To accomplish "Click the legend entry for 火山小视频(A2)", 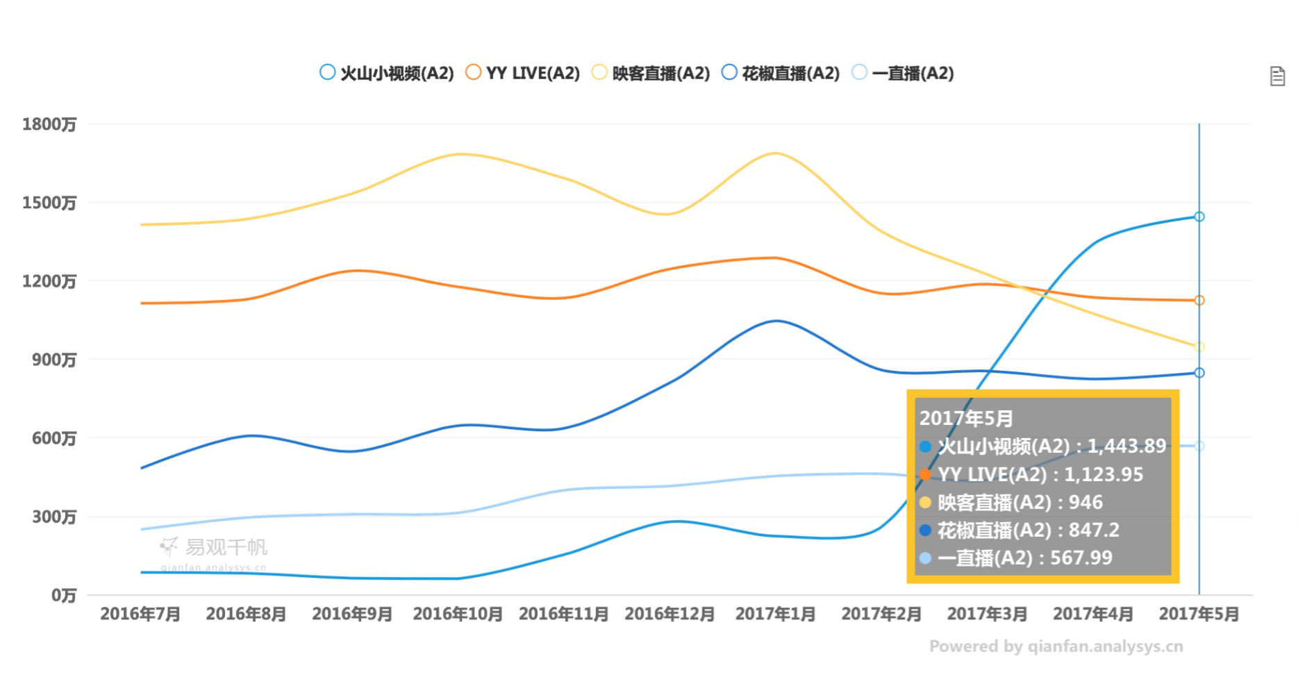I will tap(387, 73).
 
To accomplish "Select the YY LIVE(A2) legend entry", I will tap(523, 73).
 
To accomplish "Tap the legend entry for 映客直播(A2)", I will tap(651, 73).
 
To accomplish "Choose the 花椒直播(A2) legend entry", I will tap(781, 73).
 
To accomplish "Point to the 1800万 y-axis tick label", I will tap(49, 124).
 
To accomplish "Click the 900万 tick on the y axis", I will tap(53, 360).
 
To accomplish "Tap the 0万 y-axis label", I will tap(63, 595).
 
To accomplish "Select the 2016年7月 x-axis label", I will tap(140, 614).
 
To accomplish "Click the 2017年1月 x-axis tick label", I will tap(775, 614).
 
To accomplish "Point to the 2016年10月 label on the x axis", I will tap(458, 614).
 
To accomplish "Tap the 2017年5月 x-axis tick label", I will tap(1199, 614).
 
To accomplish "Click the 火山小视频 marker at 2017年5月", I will tap(1199, 217).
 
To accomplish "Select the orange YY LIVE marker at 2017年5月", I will tap(1199, 301).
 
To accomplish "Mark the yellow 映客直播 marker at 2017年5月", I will tap(1199, 346).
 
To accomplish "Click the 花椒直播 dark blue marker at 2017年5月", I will tap(1199, 373).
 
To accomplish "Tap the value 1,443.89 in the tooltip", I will tap(1126, 446).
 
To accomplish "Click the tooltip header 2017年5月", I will tap(966, 418).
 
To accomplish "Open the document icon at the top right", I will tap(1277, 76).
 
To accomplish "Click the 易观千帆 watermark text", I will tap(226, 547).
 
